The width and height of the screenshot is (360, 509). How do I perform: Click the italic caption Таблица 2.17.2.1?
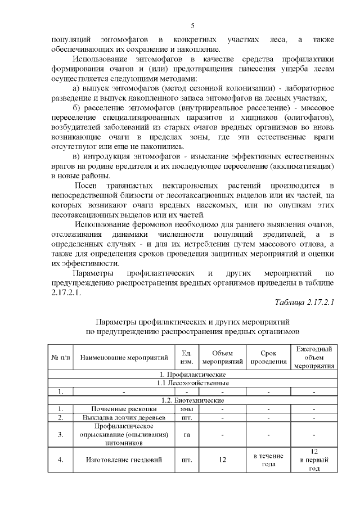click(304, 303)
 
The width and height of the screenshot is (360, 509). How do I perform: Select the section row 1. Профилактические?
click(192, 374)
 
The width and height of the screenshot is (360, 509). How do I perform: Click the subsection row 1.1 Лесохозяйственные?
click(192, 383)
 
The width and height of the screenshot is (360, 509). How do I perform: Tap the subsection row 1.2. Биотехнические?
click(192, 400)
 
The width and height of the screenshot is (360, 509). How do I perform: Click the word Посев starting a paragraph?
click(88, 186)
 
